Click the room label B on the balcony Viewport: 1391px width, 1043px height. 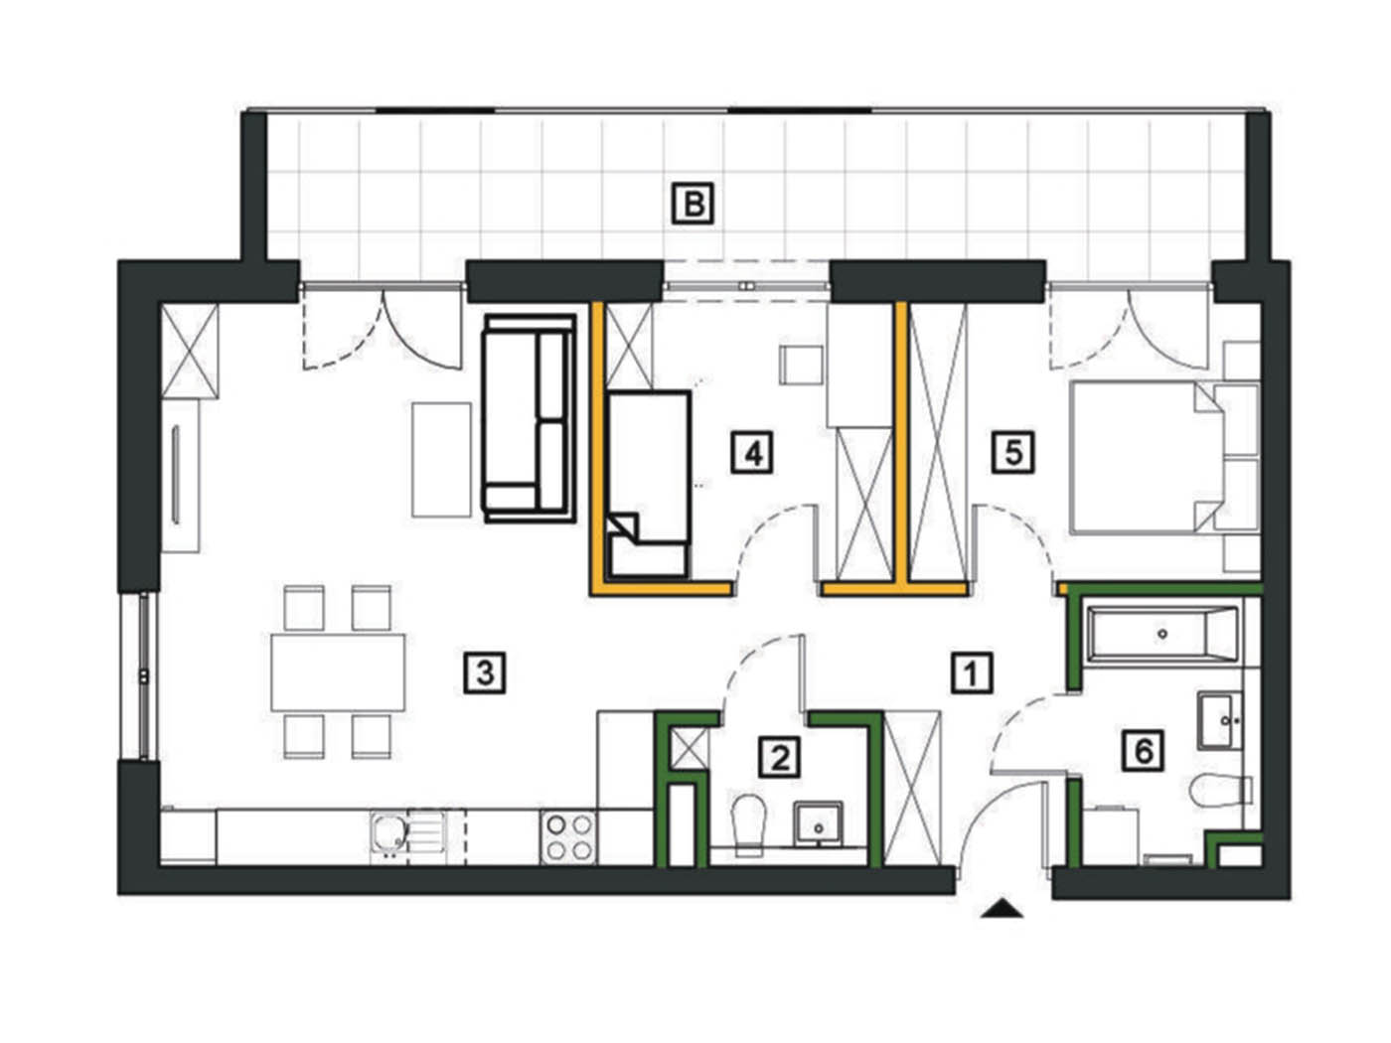(693, 204)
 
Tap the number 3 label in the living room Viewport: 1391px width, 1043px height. (485, 672)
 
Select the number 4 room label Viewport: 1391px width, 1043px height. (752, 452)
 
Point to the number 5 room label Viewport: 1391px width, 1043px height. (1013, 452)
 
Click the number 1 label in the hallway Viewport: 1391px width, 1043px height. (972, 672)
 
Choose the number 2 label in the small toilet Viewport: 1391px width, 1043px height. (780, 757)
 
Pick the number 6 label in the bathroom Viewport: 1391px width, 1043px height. (1144, 751)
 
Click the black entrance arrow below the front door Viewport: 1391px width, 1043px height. (1002, 908)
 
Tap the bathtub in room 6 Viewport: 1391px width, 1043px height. (1162, 634)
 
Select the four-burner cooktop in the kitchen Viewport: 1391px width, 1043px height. (567, 836)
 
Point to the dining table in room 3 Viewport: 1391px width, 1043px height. (338, 672)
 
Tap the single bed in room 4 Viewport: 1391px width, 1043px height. (648, 485)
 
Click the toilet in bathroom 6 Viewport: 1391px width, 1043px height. (1221, 790)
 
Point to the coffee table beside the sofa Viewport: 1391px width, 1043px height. (442, 460)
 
